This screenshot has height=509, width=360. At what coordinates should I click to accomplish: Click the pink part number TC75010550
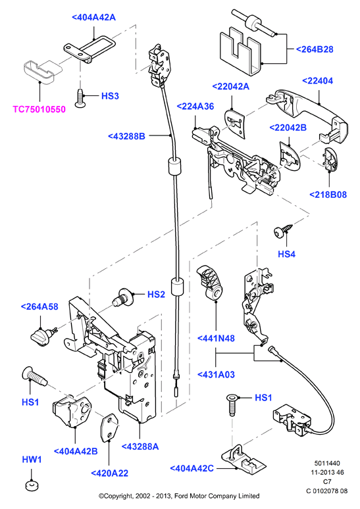pyautogui.click(x=39, y=109)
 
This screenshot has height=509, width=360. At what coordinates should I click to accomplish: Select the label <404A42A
pyautogui.click(x=93, y=17)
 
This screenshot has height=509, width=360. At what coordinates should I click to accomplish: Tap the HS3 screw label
pyautogui.click(x=110, y=96)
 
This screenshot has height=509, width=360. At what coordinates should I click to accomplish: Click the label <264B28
pyautogui.click(x=315, y=49)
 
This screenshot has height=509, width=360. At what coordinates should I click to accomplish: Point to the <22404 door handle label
pyautogui.click(x=317, y=81)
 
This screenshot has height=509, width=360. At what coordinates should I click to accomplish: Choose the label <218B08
pyautogui.click(x=328, y=195)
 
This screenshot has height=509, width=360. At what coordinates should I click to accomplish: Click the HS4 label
pyautogui.click(x=286, y=254)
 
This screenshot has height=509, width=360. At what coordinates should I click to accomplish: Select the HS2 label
pyautogui.click(x=156, y=295)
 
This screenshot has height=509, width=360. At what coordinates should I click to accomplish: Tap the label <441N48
pyautogui.click(x=216, y=338)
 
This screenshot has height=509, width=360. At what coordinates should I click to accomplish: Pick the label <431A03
pyautogui.click(x=216, y=375)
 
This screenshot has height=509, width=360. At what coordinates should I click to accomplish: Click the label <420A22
pyautogui.click(x=109, y=473)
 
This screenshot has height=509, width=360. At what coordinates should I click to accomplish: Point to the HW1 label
pyautogui.click(x=32, y=460)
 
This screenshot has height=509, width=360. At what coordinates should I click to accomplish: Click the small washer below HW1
pyautogui.click(x=32, y=486)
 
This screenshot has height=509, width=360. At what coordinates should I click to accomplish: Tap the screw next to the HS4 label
pyautogui.click(x=283, y=231)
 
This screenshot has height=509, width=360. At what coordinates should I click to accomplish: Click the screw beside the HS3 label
pyautogui.click(x=80, y=98)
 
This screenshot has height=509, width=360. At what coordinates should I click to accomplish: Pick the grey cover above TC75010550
pyautogui.click(x=43, y=72)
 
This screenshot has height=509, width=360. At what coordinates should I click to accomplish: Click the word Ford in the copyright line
pyautogui.click(x=182, y=496)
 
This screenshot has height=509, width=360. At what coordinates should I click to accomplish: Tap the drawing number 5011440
pyautogui.click(x=327, y=463)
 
